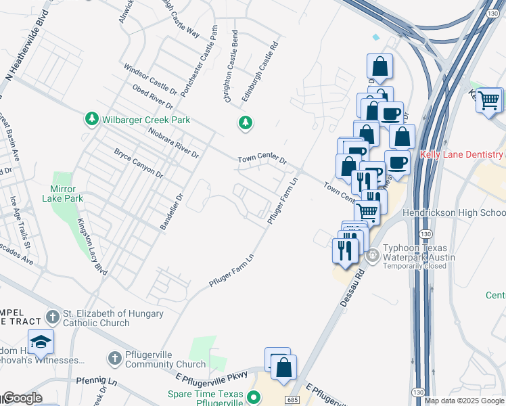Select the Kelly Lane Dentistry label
[463, 154]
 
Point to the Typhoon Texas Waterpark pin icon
[372, 257]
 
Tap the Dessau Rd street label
[351, 287]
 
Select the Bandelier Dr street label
[172, 212]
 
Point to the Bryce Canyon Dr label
[139, 163]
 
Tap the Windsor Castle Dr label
[149, 79]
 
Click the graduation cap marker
[41, 342]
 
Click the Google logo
[22, 398]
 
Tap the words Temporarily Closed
[415, 266]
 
